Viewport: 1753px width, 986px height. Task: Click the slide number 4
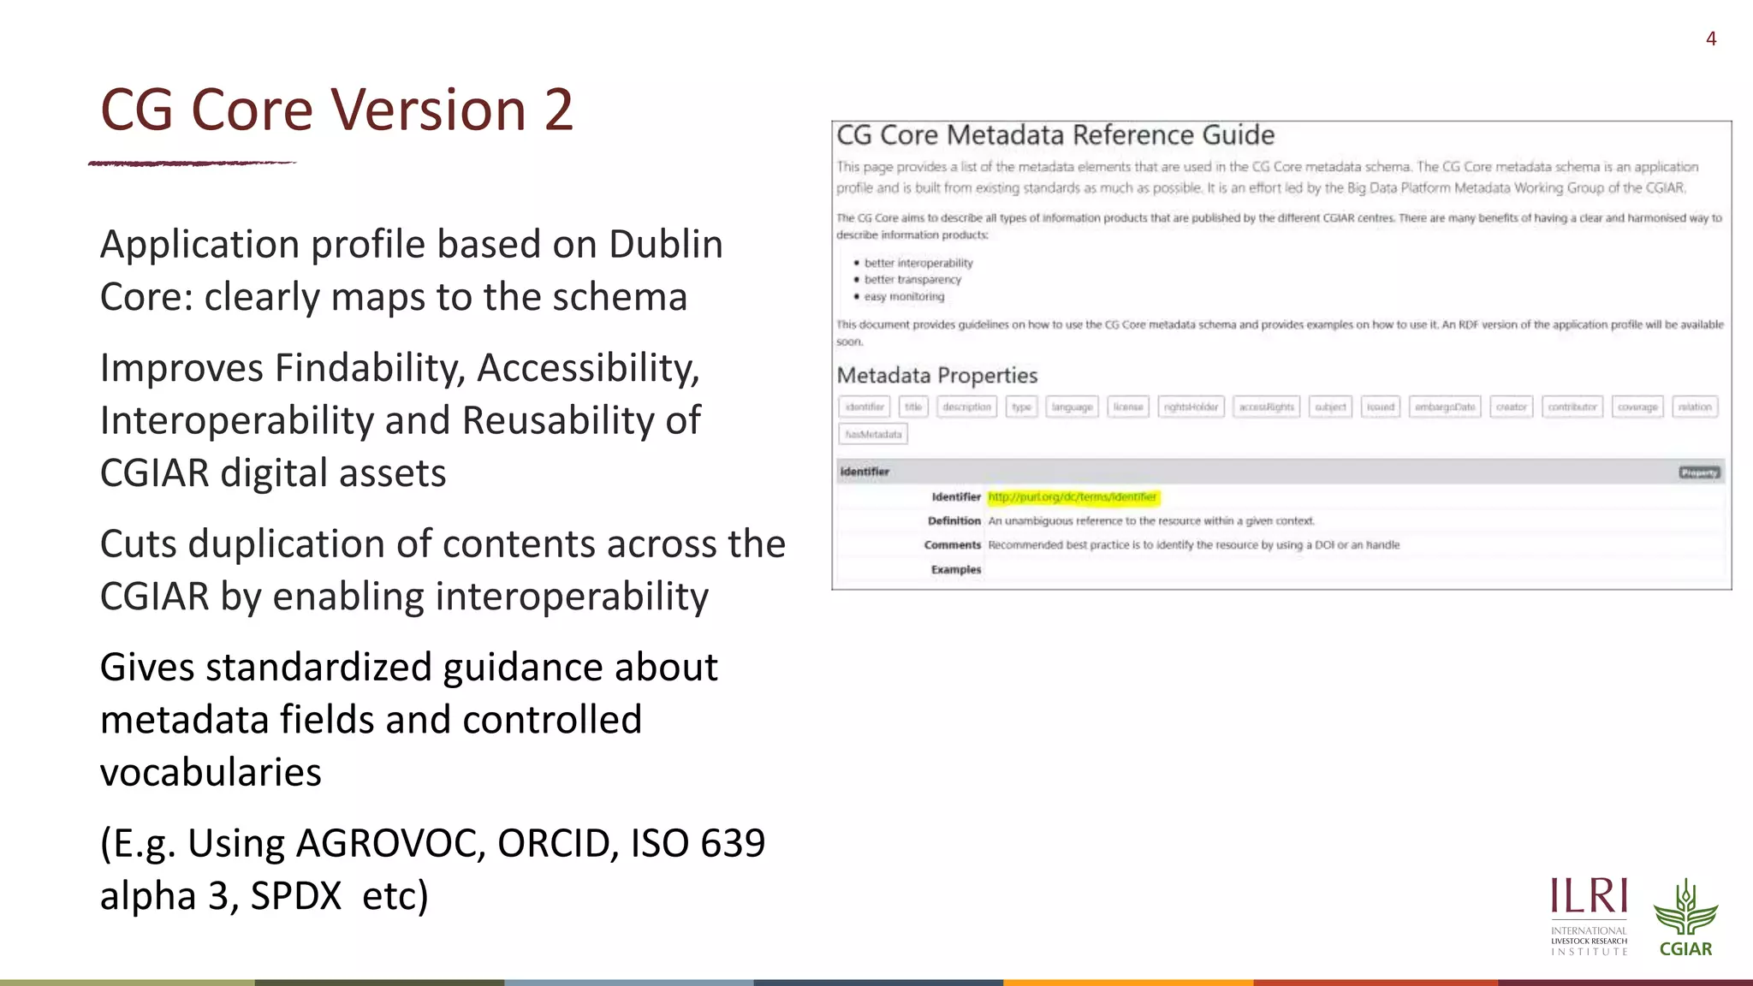1710,39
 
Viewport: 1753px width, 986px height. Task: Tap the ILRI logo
1589,915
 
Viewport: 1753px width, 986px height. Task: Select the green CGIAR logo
1685,917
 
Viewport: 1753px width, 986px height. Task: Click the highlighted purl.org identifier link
1072,497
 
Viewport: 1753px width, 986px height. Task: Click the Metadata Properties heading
936,376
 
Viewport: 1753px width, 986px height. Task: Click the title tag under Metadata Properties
913,407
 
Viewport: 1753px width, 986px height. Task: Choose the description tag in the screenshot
966,407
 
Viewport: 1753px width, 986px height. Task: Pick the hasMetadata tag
873,435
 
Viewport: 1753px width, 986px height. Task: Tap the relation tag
1694,407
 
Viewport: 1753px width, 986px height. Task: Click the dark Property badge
1699,472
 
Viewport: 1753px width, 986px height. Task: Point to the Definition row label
954,521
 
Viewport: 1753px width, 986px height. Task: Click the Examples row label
955,570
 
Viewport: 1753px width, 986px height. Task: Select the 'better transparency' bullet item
912,280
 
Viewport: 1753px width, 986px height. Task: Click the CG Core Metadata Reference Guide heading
1055,135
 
